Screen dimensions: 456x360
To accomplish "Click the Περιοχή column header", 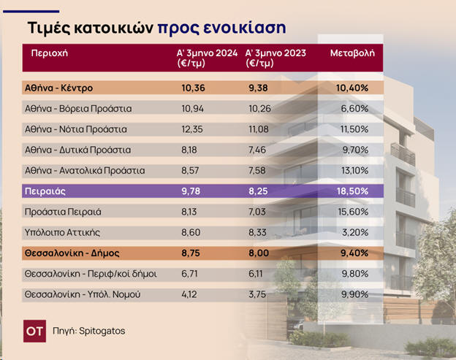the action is pos(49,53).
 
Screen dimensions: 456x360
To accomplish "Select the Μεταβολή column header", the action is pos(352,53).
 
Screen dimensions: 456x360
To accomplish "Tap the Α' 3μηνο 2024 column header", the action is pos(207,58).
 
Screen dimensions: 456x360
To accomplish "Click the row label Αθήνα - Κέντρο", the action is pos(58,88).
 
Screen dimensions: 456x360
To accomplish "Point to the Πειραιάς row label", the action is pos(45,191).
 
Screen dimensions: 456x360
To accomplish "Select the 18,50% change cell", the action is pos(352,191).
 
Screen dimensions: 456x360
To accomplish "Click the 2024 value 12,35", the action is pos(192,129).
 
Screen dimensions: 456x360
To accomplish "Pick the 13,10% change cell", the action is pos(355,171).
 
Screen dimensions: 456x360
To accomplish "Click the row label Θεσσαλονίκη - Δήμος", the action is pos(72,253).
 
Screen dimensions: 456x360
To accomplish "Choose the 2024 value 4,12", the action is pos(189,294).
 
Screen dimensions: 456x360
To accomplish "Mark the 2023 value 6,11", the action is pos(256,274).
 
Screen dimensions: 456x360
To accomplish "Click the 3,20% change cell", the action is pos(355,232).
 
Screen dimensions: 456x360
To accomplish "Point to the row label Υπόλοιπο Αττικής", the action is pos(62,232).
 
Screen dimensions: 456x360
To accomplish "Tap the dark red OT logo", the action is pos(34,331).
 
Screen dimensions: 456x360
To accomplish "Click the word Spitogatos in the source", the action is pos(102,331).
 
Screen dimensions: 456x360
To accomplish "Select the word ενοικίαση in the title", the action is pos(245,28).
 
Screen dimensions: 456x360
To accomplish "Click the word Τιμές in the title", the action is pos(49,28).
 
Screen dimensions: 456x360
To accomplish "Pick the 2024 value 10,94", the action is pos(192,109).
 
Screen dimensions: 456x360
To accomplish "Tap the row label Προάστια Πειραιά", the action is pos(63,212).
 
